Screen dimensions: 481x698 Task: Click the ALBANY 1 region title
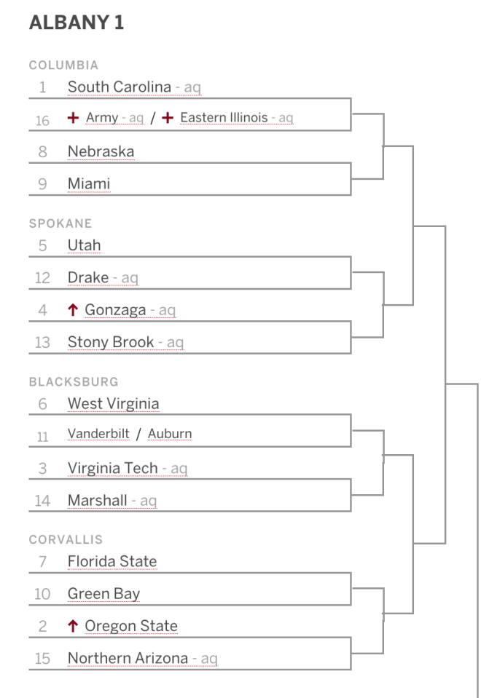[77, 23]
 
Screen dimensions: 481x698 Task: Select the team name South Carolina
[120, 87]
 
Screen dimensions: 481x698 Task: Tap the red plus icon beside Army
[73, 117]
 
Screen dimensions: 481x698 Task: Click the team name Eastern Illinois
[224, 117]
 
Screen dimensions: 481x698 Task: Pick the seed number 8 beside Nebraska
[42, 152]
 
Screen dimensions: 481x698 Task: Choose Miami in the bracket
[89, 183]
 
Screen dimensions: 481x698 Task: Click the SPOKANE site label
[60, 223]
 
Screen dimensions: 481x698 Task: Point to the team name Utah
[85, 245]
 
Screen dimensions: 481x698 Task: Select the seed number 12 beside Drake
[42, 278]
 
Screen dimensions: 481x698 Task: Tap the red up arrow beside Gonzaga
[73, 309]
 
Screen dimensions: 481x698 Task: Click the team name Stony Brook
[111, 342]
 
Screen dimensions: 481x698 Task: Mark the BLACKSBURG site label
[74, 381]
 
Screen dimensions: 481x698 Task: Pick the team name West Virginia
[113, 403]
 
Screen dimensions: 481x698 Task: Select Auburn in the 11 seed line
[170, 434]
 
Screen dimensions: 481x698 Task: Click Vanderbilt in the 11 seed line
[98, 434]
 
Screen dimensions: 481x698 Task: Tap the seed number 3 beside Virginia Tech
[42, 468]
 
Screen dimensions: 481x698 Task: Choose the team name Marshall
[97, 500]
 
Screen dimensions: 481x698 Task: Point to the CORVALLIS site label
[66, 539]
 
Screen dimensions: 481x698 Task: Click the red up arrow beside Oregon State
[73, 626]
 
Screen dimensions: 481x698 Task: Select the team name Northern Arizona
[128, 658]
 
